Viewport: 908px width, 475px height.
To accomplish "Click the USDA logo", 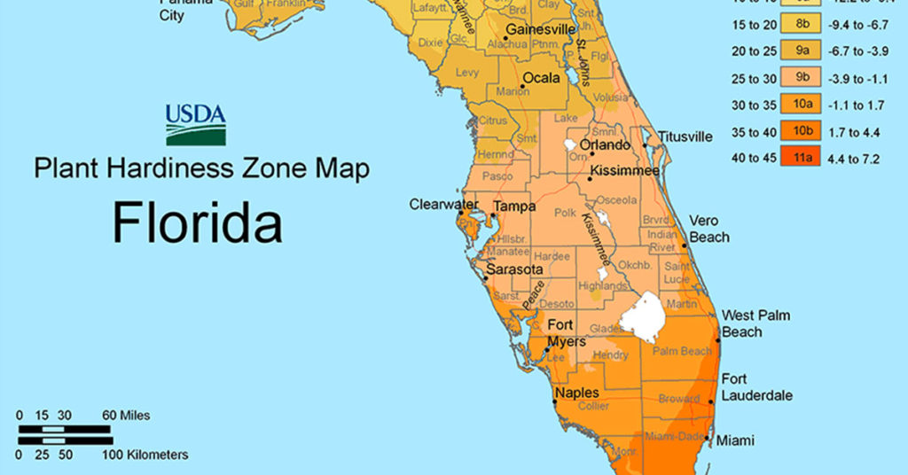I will pos(195,125).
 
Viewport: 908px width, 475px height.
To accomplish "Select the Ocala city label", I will pos(541,78).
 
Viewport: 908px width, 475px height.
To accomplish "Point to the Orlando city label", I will pos(605,145).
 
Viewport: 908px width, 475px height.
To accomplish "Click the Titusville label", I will pos(685,136).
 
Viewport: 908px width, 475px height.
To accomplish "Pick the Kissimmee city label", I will pos(625,169).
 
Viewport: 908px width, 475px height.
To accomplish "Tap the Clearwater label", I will pos(443,205).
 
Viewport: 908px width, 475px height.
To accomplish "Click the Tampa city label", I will pos(514,206).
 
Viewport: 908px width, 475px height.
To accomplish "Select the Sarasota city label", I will pos(515,269).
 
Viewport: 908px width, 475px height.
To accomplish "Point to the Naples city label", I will pos(576,393).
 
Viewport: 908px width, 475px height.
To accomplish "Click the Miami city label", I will pos(735,440).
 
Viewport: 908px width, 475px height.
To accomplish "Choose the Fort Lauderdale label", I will pos(756,387).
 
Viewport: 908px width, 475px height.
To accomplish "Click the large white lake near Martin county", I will pos(644,317).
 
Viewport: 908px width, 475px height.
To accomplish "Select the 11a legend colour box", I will pos(803,159).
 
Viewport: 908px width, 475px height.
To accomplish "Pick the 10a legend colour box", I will pos(803,105).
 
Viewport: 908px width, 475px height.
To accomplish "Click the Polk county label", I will pos(565,214).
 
